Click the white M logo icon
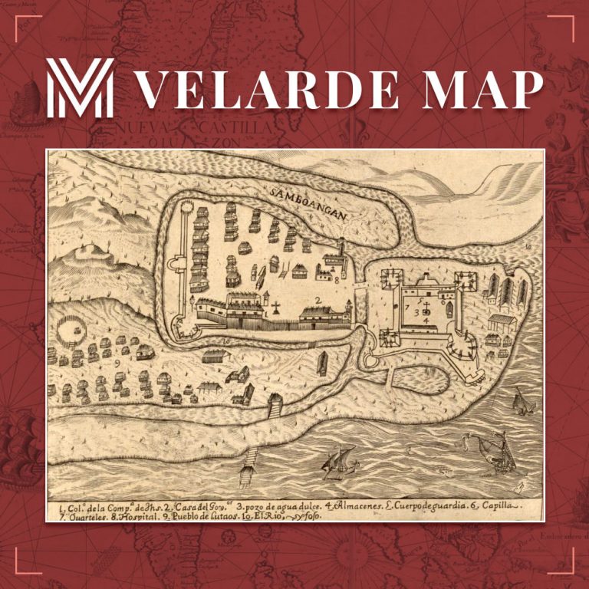[80, 88]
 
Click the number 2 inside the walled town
[317, 299]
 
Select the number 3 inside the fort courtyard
[416, 312]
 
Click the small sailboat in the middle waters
[341, 463]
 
